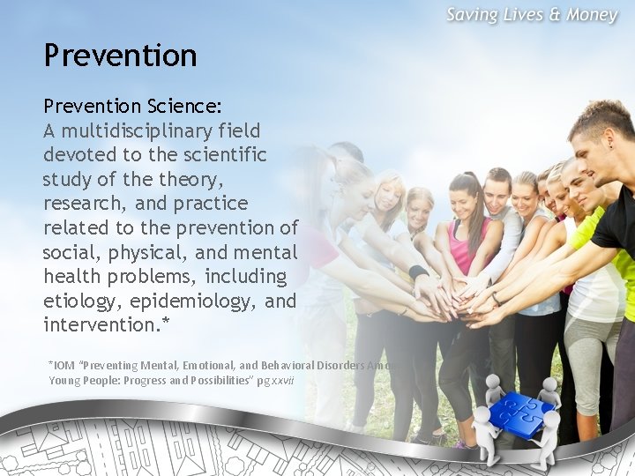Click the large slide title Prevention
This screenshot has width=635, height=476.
click(121, 56)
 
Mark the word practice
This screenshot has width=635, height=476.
click(213, 204)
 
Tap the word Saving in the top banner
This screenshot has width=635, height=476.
click(475, 15)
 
